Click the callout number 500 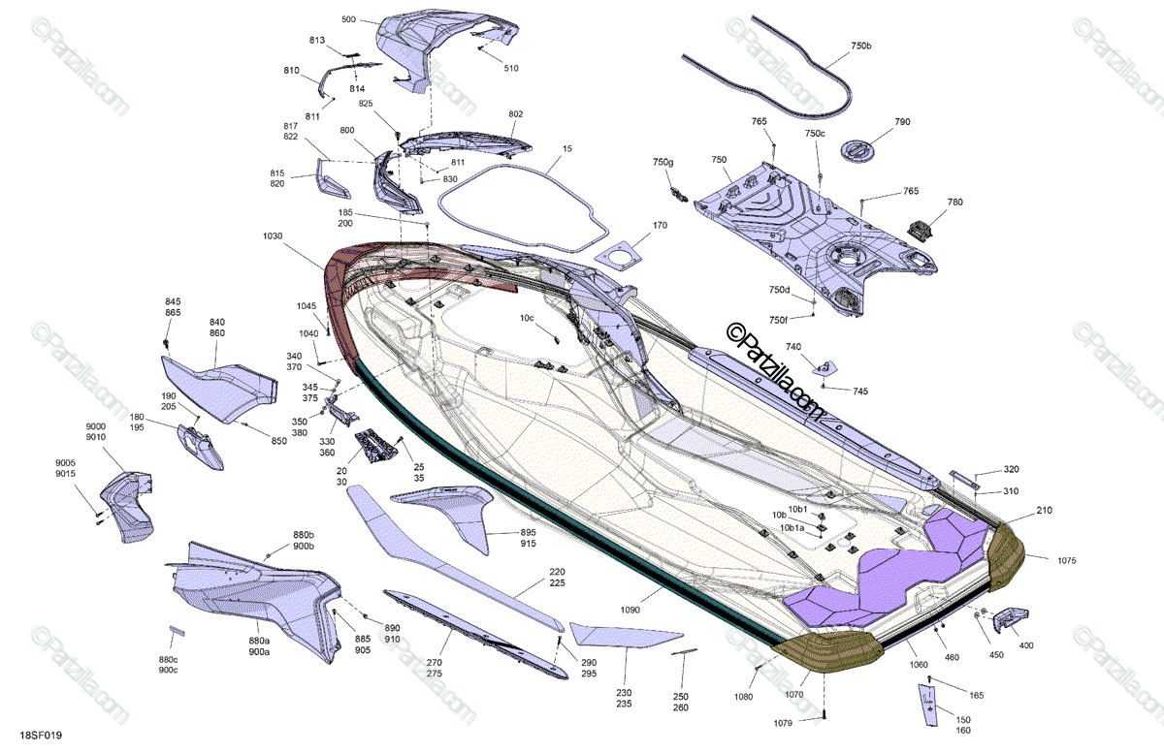(349, 19)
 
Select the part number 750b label (861, 47)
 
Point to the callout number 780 (955, 203)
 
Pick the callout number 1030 (275, 236)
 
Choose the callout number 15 (567, 150)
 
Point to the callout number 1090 (630, 611)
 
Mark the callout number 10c (527, 318)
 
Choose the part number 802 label (516, 114)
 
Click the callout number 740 (793, 347)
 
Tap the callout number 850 (279, 443)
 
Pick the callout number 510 (511, 68)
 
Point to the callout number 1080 (743, 696)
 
